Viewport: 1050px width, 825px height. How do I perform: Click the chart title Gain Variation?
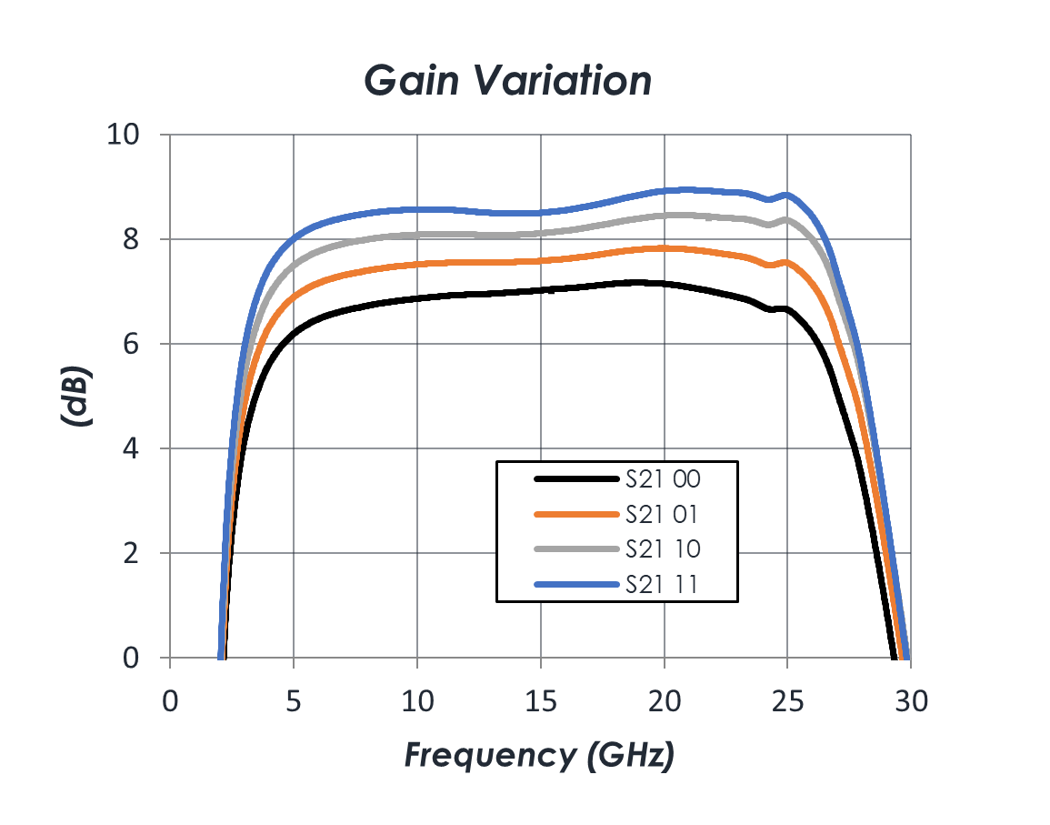508,82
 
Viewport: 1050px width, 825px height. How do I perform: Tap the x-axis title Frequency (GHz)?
539,754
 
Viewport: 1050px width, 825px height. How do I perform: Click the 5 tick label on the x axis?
294,701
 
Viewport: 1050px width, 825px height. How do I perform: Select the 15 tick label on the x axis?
541,701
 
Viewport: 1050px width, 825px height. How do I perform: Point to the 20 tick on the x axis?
665,701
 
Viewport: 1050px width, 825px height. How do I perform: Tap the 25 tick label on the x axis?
788,701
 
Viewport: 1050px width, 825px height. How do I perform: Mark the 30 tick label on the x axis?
911,701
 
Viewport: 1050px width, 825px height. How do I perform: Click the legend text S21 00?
663,478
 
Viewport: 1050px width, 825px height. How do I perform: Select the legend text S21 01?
662,514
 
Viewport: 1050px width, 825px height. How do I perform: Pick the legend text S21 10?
663,549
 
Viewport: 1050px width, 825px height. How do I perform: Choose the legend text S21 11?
662,585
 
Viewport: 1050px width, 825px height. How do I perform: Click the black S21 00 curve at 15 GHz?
541,291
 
